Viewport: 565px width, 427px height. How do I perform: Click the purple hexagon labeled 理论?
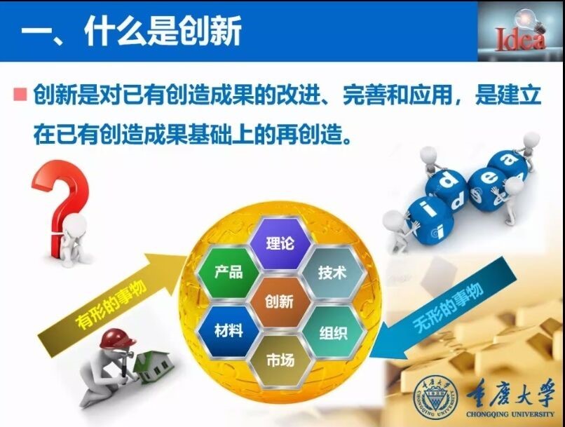[280, 243]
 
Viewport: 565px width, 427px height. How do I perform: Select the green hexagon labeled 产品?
[229, 272]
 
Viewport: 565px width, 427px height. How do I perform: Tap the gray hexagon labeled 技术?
[332, 273]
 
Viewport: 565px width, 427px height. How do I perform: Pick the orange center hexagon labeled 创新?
[280, 301]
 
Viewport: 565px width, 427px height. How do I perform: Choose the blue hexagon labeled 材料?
[229, 330]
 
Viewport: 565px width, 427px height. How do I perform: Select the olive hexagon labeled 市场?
[280, 360]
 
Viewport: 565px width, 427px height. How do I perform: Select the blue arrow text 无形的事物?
[448, 307]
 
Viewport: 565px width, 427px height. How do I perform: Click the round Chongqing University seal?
[436, 396]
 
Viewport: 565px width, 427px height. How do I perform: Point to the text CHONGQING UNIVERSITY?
[510, 414]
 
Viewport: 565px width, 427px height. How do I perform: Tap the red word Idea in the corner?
[519, 39]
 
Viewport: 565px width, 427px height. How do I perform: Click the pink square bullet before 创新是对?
[20, 94]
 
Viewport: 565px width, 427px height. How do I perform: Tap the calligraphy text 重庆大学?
[510, 393]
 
